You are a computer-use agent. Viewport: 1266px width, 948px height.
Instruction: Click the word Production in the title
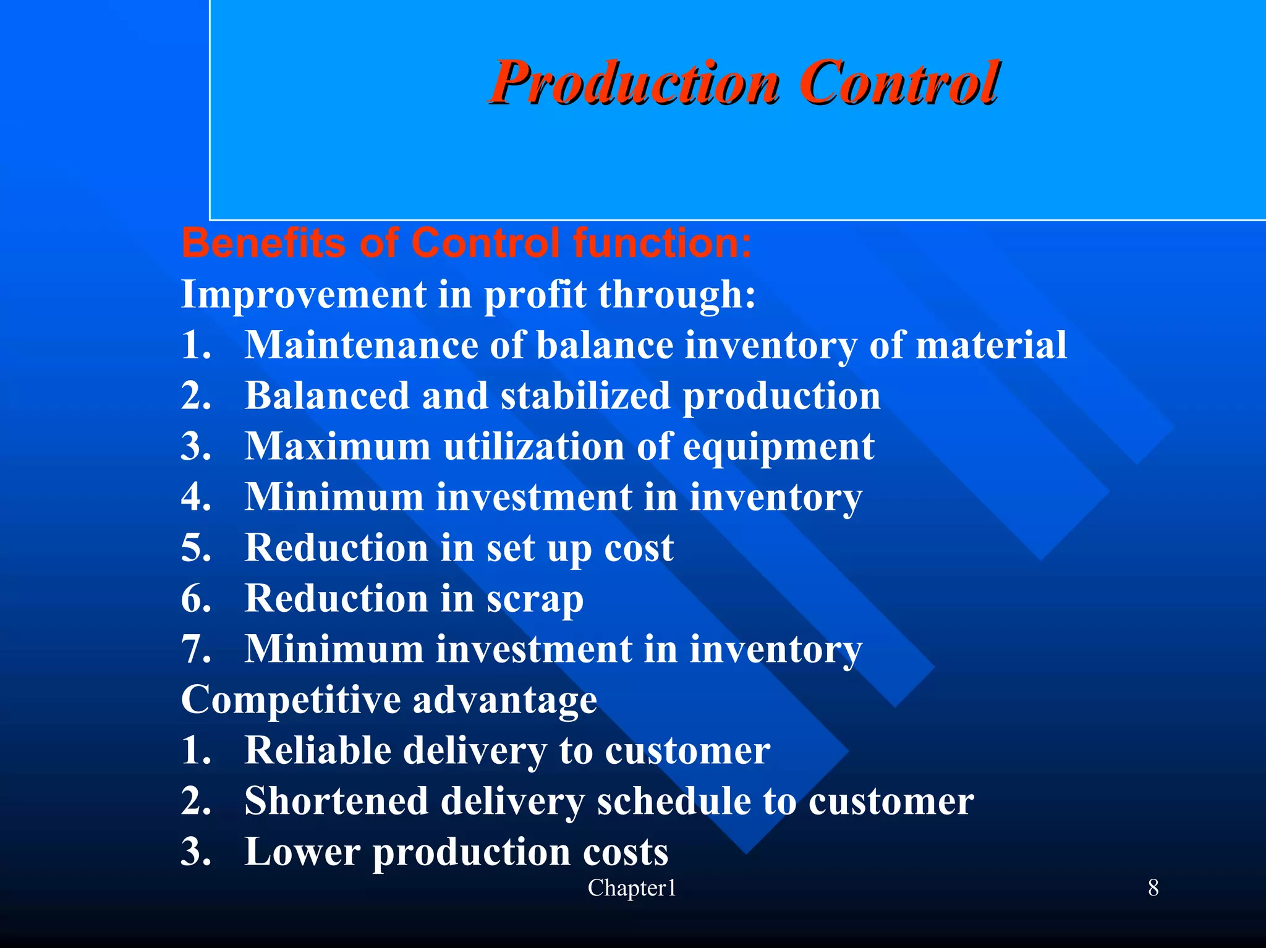point(633,83)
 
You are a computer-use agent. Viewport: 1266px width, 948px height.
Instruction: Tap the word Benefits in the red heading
point(264,242)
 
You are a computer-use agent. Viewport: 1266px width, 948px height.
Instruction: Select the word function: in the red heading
point(662,242)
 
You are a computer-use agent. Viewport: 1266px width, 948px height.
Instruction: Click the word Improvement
point(304,294)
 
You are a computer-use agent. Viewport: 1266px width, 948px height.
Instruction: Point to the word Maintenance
point(362,345)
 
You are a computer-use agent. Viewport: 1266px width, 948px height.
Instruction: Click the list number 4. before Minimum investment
point(196,497)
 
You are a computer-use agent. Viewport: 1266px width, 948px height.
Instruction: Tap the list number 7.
point(196,650)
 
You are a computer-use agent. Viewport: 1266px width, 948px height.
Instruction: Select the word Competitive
point(291,700)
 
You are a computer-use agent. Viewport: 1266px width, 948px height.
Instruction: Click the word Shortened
point(336,802)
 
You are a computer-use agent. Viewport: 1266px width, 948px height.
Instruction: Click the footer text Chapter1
point(632,888)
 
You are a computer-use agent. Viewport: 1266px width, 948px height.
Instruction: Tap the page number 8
point(1153,888)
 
